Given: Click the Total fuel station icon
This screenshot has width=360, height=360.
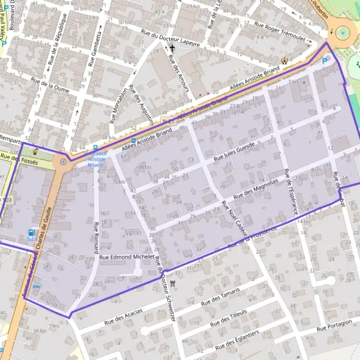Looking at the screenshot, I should pos(31,233).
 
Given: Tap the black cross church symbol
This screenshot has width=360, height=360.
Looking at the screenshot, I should pos(172,48).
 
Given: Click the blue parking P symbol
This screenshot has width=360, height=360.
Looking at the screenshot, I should pos(325,61).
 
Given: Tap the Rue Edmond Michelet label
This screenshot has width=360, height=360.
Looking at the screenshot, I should pos(127,257).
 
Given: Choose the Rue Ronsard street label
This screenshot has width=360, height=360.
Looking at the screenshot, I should pos(95,238).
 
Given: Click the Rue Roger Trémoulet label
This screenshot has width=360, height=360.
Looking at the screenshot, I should pos(280,31).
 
